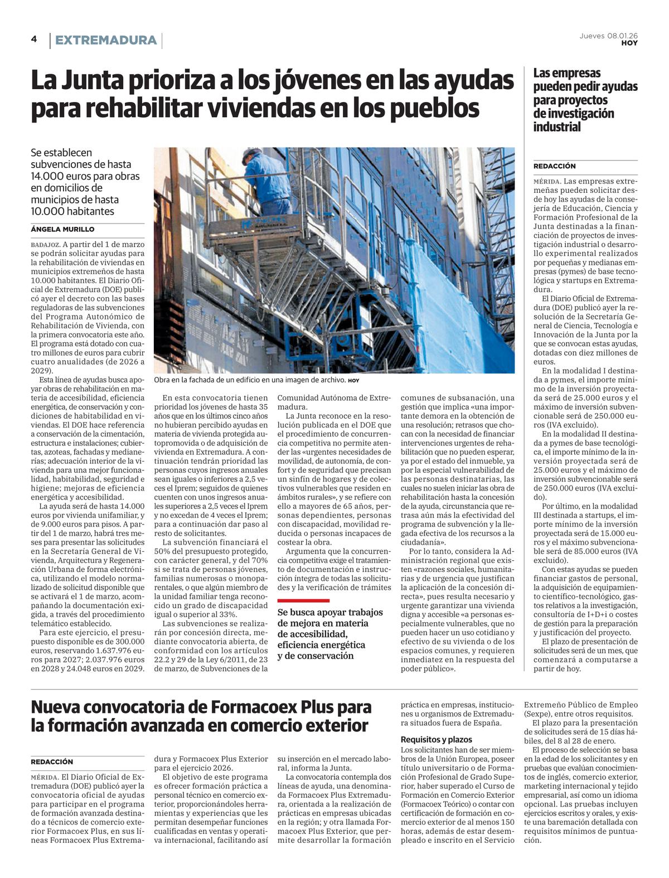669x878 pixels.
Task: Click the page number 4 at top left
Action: click(34, 39)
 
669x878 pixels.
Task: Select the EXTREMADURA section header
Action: click(106, 40)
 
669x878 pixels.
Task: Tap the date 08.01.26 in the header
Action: click(623, 36)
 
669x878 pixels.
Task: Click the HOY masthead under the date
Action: click(629, 43)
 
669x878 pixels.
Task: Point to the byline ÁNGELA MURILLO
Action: click(62, 229)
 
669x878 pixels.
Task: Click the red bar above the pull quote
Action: click(303, 600)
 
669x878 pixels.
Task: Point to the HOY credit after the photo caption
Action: click(354, 381)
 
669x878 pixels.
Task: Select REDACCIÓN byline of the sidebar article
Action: click(554, 166)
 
